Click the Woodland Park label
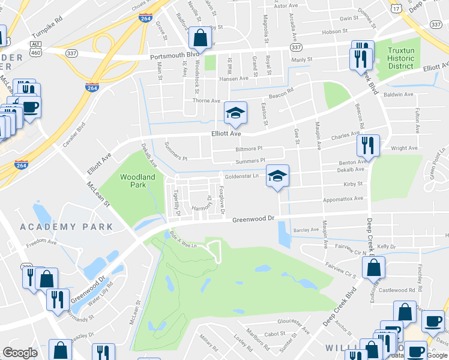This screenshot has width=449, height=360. pos(137,181)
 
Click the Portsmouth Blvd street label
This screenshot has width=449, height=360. pos(174,54)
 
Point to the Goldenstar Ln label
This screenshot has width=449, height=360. pos(241,176)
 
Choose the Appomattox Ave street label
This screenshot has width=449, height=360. pos(343,198)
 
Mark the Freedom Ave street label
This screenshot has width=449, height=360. pos(41,244)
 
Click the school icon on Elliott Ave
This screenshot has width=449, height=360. pos(235,113)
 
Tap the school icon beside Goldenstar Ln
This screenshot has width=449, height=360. pos(277,176)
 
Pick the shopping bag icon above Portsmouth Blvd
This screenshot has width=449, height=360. pos(200,38)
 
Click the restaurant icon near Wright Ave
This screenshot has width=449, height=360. pos(367,145)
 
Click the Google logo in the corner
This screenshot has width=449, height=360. pos(20,352)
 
